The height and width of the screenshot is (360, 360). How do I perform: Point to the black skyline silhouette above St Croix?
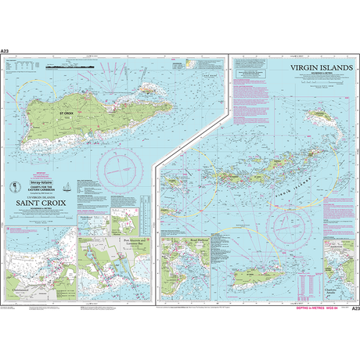pyautogui.click(x=65, y=70)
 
